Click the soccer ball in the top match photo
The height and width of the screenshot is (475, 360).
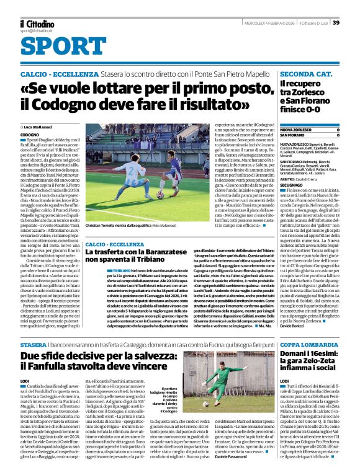coord(160,194)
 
